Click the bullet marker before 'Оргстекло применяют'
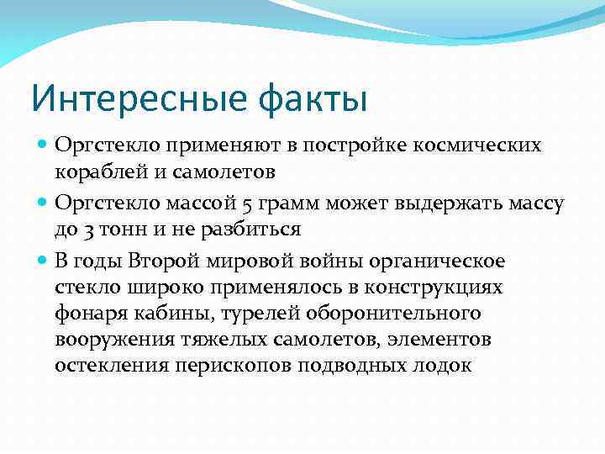pos(43,145)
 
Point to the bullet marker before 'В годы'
pos(43,259)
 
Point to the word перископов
pos(229,368)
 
